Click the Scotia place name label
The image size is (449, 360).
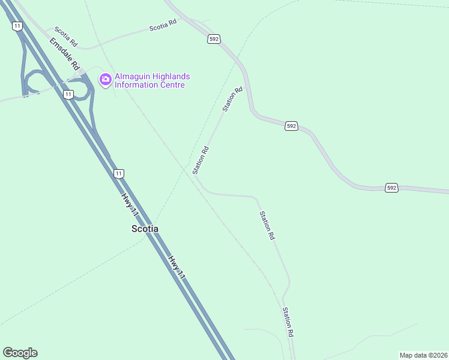click(145, 229)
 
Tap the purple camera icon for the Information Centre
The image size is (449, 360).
click(106, 79)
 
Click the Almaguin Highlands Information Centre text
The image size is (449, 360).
click(152, 80)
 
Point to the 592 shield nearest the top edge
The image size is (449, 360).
click(214, 39)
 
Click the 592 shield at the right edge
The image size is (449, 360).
click(391, 188)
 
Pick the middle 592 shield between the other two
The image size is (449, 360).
click(291, 126)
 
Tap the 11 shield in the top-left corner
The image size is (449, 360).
click(17, 25)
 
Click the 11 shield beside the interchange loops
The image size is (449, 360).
click(68, 94)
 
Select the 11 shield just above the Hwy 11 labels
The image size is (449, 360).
click(119, 173)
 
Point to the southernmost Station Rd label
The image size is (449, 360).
click(288, 322)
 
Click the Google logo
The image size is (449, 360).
click(20, 353)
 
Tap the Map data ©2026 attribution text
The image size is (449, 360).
click(423, 355)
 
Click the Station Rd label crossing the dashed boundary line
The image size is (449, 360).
click(200, 160)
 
